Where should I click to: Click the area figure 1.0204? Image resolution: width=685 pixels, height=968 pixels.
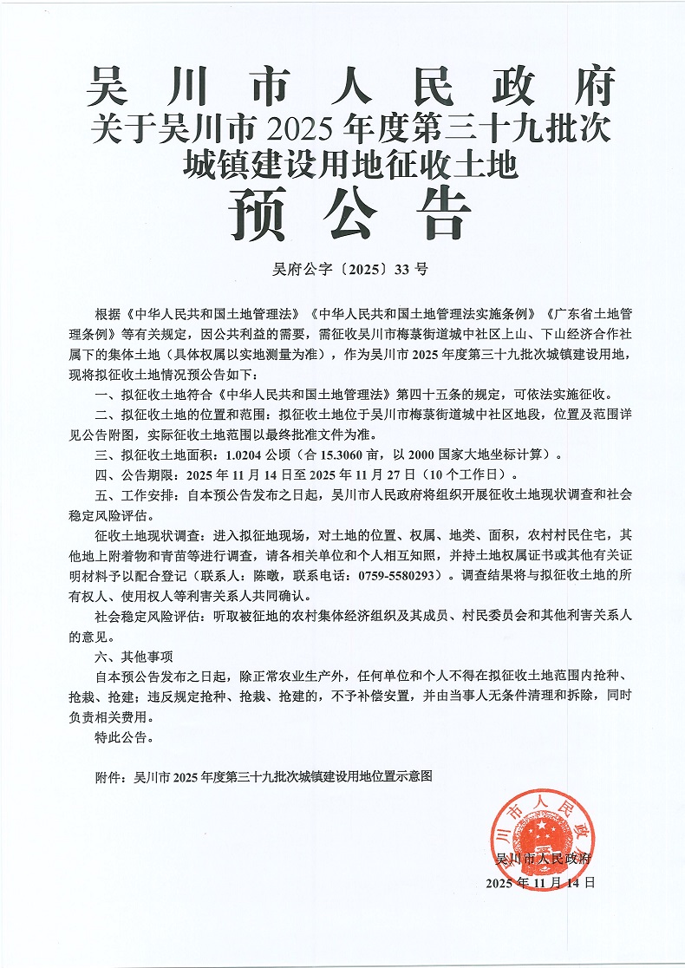click(x=246, y=454)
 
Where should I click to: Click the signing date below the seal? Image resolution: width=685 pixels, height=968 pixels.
click(x=541, y=882)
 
